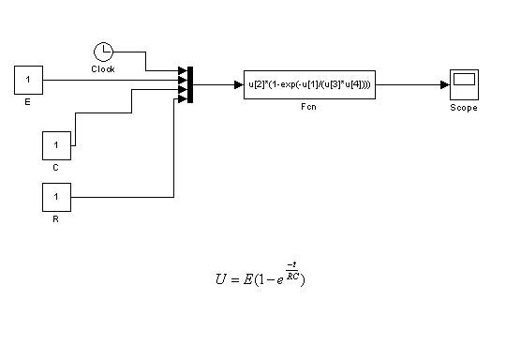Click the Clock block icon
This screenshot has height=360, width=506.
pos(104,52)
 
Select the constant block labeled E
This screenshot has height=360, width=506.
pos(28,80)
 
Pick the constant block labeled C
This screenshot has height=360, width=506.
pos(56,145)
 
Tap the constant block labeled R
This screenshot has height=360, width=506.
pos(56,197)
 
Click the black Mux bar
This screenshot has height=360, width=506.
pos(190,85)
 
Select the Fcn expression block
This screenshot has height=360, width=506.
pos(309,84)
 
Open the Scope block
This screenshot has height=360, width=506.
pos(464,84)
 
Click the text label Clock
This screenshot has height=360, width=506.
pos(103,69)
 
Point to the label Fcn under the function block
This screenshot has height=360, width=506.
pos(308,107)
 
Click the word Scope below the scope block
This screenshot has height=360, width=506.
pos(464,108)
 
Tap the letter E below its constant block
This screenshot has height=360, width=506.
pos(28,102)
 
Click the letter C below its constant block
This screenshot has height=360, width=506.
pos(55,168)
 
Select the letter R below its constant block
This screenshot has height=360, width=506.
pos(55,219)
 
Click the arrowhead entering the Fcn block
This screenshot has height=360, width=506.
pos(239,85)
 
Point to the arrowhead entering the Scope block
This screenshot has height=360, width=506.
pos(445,85)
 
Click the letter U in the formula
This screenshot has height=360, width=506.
pos(221,279)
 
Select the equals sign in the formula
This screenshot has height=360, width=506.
pos(235,279)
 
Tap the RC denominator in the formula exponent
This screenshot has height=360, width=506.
pos(292,276)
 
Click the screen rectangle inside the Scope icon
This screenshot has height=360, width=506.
pos(464,79)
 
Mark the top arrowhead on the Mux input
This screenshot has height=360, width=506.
pos(183,70)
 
